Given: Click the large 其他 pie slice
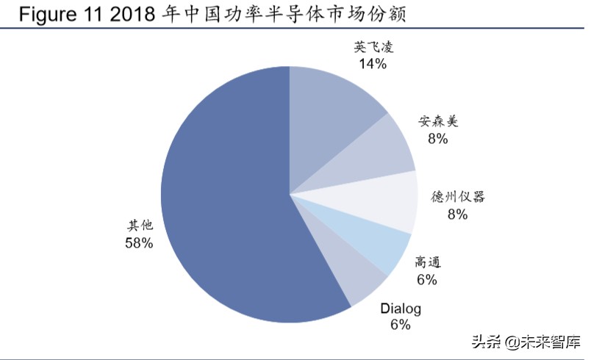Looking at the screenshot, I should coord(221,198).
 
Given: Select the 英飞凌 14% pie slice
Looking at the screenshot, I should coord(331,110).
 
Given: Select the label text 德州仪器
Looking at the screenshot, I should coord(458,198).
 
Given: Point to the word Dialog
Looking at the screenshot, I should coord(401,309).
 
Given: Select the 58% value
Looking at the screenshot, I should coord(140,243).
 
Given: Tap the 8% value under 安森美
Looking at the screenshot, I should coord(437,138).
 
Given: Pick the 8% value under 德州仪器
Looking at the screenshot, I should coord(458,214).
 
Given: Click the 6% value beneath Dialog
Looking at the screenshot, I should coord(401,325).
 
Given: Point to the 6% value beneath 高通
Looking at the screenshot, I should coord(426,279).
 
